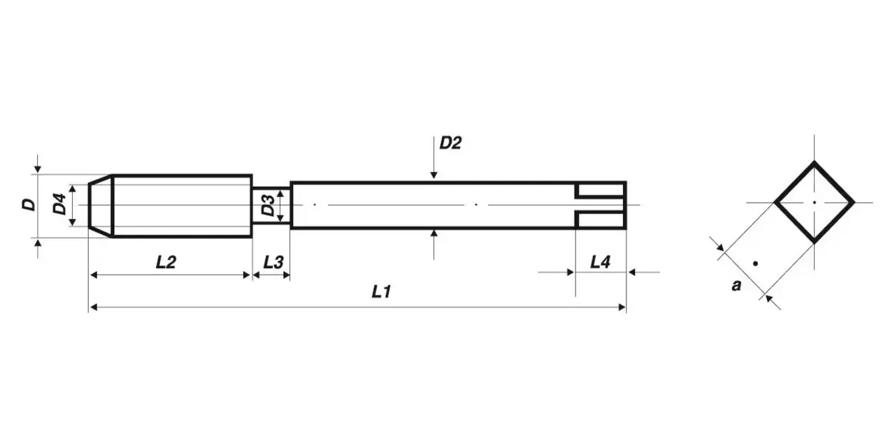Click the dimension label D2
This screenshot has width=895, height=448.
[x=450, y=143]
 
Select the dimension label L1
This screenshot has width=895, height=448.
[x=380, y=292]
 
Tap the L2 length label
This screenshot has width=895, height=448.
[x=166, y=262]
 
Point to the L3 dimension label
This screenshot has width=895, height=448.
[x=273, y=262]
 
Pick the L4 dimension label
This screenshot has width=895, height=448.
[x=600, y=262]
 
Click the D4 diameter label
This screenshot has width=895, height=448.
[x=60, y=205]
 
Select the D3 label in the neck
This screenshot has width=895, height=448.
[x=267, y=205]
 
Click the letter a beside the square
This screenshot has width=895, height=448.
[x=736, y=285]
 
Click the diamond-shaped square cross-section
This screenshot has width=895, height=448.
[x=814, y=202]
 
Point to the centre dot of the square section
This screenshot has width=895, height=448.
[x=814, y=202]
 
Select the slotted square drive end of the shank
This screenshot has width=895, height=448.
[x=600, y=205]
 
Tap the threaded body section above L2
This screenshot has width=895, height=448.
[x=182, y=205]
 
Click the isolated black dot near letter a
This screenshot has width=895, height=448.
[x=755, y=263]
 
